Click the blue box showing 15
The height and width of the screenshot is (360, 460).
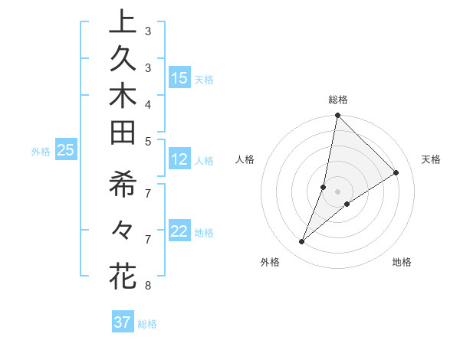click(x=179, y=78)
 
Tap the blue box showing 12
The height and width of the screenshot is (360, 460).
click(x=179, y=160)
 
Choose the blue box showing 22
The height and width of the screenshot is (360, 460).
click(x=179, y=232)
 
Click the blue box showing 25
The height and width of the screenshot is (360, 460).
click(x=66, y=151)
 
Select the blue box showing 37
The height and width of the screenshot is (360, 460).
click(x=123, y=322)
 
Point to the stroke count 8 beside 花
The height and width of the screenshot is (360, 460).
click(x=147, y=286)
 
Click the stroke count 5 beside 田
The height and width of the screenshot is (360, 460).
click(x=147, y=141)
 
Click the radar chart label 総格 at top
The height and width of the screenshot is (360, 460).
click(x=337, y=100)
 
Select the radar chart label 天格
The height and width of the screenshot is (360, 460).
click(x=431, y=159)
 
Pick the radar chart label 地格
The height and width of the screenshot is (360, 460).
click(x=402, y=262)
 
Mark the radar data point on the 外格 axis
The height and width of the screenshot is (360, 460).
click(x=302, y=242)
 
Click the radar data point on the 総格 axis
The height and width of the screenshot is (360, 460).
click(x=337, y=116)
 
